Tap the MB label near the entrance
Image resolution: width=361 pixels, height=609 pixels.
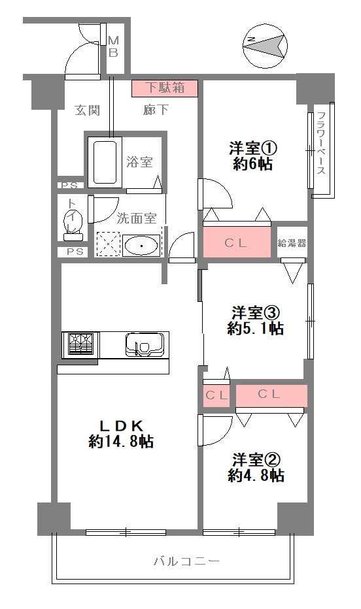point(112,46)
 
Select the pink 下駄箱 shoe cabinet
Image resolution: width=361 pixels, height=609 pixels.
point(163,88)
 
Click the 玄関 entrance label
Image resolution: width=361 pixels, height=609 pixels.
point(87,110)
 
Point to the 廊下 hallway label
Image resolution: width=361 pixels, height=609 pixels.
point(156,110)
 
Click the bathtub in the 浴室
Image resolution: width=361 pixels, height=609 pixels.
point(104,161)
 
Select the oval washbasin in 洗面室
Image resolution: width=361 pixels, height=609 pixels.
point(140,246)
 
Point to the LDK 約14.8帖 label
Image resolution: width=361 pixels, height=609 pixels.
point(121,433)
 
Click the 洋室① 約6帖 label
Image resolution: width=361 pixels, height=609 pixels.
point(250,156)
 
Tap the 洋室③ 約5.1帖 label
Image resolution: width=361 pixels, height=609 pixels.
point(255,320)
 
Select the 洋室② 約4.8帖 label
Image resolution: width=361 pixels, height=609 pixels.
point(255,467)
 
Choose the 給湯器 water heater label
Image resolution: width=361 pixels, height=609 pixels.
point(292,243)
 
